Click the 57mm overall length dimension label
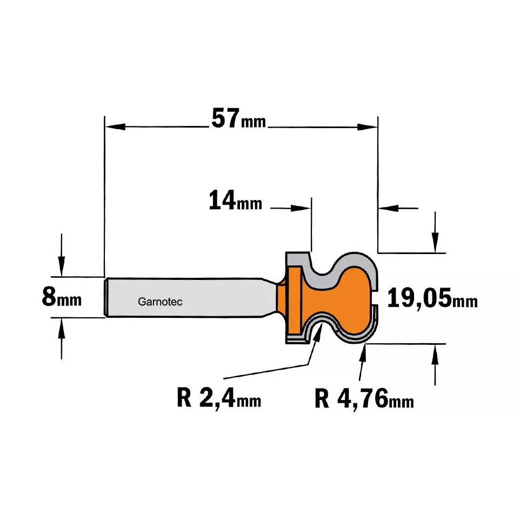[x=239, y=118]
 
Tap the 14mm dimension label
[x=236, y=200]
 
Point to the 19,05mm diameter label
[x=432, y=298]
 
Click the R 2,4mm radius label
[x=219, y=398]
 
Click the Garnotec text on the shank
[x=160, y=302]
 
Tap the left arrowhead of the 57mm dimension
[x=115, y=126]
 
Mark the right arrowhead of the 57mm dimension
[x=368, y=126]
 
